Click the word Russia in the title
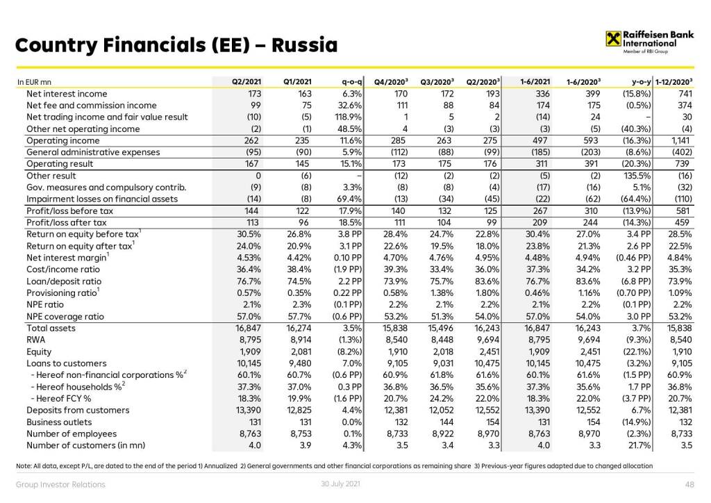[305, 47]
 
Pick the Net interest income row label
[67, 94]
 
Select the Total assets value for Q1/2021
[298, 328]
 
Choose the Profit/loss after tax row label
[67, 222]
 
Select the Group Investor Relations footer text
[60, 484]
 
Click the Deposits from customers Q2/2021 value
[247, 410]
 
